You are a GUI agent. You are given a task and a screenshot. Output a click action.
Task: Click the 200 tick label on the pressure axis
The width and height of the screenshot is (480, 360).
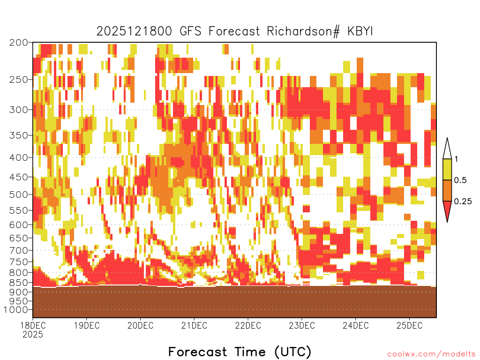click(x=18, y=43)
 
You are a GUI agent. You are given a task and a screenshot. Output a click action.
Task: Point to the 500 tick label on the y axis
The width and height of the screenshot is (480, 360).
click(x=18, y=195)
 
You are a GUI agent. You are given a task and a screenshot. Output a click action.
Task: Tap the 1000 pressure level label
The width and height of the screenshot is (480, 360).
click(x=16, y=310)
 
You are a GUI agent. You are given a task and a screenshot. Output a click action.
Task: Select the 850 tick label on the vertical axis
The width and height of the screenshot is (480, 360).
click(x=18, y=283)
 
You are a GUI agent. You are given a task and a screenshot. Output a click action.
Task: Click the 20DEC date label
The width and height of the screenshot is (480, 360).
click(x=141, y=325)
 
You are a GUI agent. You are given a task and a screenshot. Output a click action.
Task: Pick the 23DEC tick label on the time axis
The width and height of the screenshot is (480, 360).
click(x=302, y=325)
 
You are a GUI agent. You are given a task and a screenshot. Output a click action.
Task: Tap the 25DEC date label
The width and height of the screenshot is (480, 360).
click(x=410, y=325)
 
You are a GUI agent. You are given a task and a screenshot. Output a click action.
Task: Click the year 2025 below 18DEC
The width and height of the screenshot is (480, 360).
click(x=33, y=334)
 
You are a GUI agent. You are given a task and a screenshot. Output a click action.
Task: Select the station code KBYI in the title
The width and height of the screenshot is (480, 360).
click(x=360, y=31)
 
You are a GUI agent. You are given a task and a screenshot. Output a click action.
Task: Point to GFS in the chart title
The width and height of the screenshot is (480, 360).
click(x=191, y=31)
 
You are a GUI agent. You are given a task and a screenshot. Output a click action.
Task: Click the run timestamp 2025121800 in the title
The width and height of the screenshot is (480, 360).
click(x=135, y=31)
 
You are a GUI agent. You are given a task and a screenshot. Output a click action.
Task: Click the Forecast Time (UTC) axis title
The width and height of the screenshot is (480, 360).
click(x=240, y=352)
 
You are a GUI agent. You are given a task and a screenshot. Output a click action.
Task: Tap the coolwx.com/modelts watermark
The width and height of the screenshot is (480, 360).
click(x=431, y=354)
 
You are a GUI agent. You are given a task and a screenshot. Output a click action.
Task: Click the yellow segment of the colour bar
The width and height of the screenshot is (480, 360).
click(x=447, y=169)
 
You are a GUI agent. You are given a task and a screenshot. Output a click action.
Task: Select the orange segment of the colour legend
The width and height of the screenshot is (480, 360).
click(x=447, y=190)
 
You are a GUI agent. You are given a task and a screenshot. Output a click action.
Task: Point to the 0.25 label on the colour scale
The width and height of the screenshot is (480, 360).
click(x=463, y=202)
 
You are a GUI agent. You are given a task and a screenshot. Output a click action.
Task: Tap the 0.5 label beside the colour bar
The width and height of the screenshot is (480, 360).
click(x=460, y=180)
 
